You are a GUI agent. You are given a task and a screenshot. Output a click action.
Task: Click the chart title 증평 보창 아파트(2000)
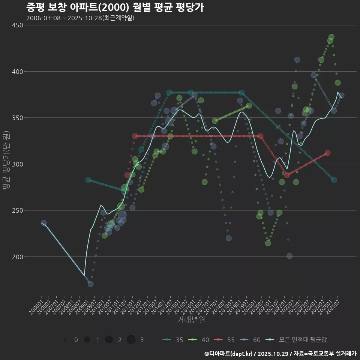(x=115, y=7)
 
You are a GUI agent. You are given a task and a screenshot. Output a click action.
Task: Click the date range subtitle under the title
(x=80, y=18)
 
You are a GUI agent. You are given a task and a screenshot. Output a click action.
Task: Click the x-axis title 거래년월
(x=191, y=320)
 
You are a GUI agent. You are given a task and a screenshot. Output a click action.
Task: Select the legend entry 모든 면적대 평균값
(x=297, y=340)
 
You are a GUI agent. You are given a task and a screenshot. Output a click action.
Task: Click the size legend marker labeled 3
(x=131, y=340)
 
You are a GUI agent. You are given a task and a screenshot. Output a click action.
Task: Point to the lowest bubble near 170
(x=91, y=284)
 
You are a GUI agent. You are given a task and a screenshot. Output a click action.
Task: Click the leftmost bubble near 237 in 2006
(x=44, y=223)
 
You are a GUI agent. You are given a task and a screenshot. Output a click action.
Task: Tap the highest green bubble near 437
(x=331, y=37)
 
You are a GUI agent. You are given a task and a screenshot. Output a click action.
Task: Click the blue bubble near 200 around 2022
(x=289, y=256)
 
